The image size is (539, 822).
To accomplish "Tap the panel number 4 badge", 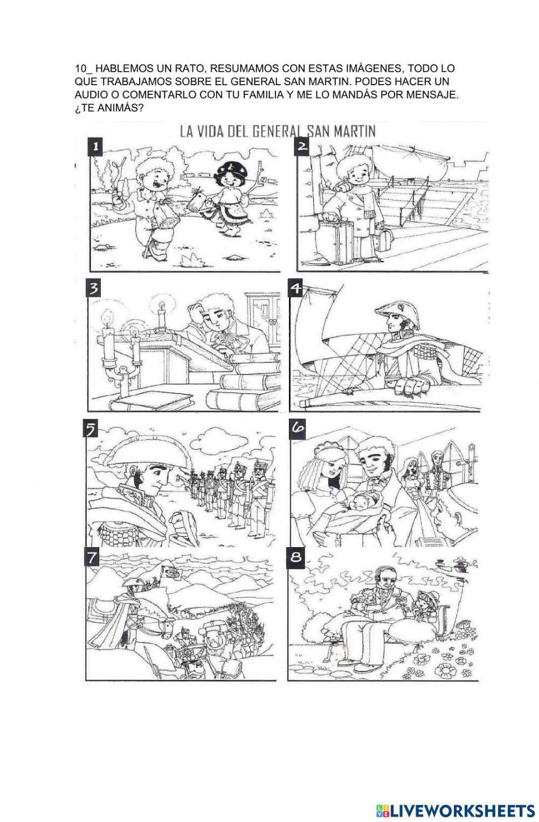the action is coord(295,288).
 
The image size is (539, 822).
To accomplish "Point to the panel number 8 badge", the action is coord(295,557).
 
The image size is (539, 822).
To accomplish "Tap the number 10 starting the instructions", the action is coord(80,68).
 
